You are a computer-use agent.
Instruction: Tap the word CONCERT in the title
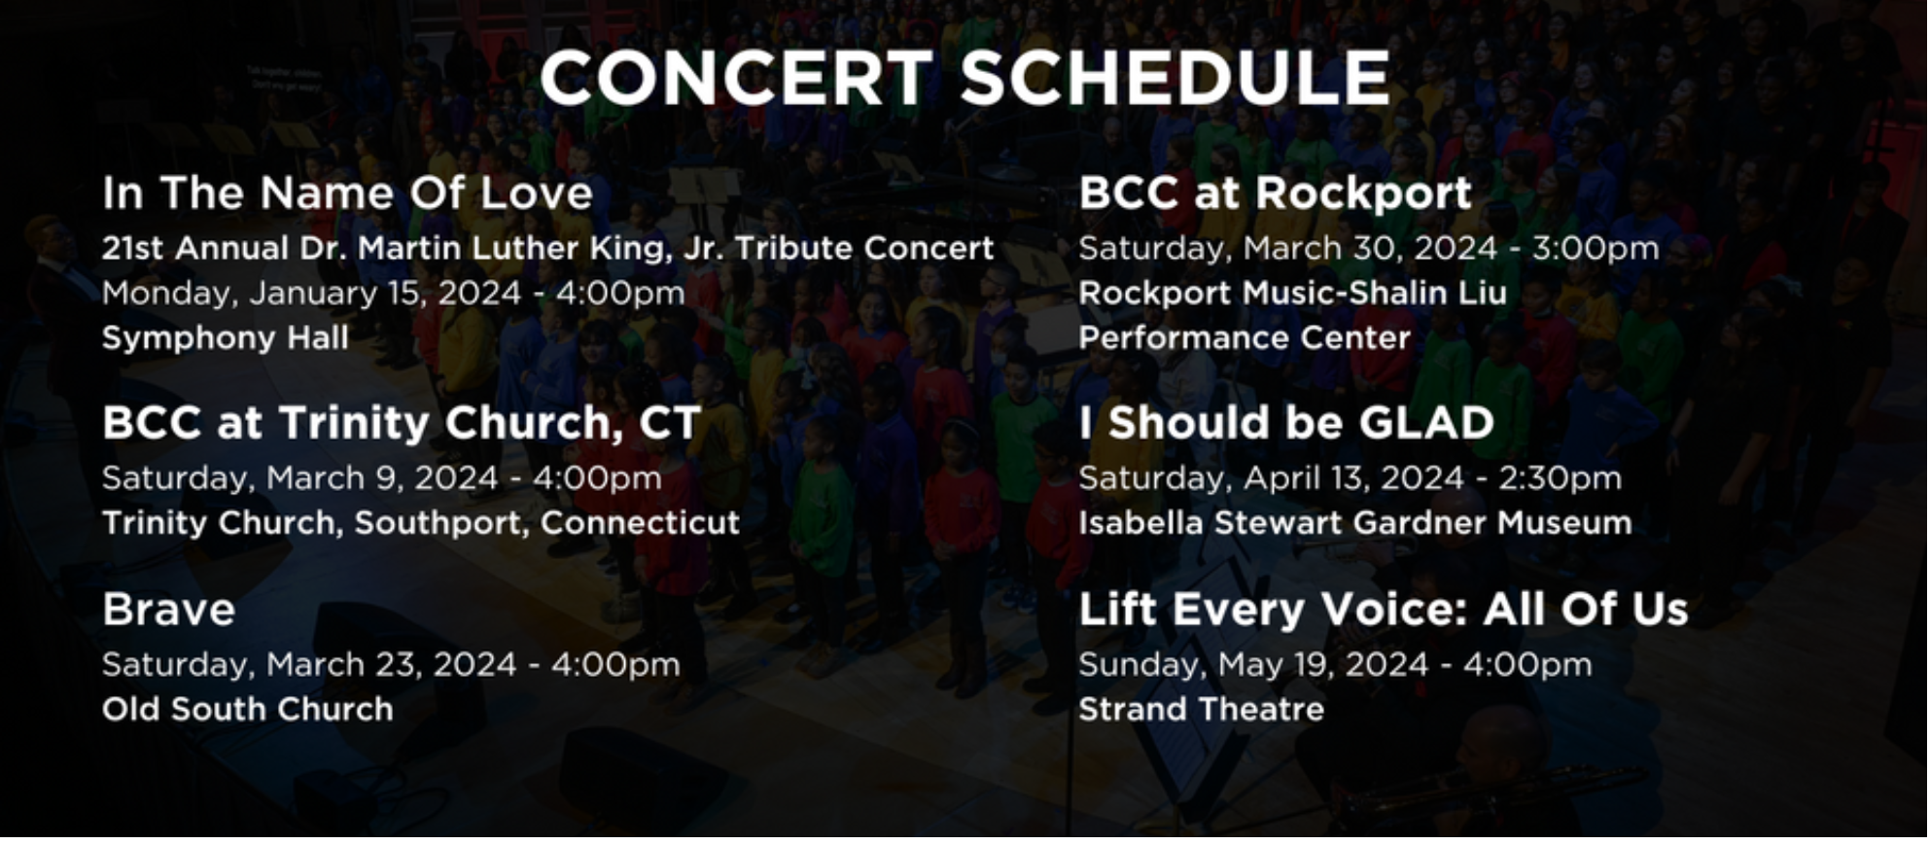[x=736, y=78]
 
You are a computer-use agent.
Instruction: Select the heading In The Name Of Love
[x=347, y=193]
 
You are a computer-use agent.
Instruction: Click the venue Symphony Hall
[x=226, y=337]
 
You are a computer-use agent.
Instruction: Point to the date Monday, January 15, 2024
[x=311, y=294]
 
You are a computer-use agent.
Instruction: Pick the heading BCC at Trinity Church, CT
[x=402, y=423]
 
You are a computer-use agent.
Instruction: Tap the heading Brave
[x=169, y=610]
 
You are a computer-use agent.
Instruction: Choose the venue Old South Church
[x=248, y=709]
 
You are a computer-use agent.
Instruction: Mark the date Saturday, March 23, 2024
[x=309, y=665]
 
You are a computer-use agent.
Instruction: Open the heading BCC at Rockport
[x=1275, y=193]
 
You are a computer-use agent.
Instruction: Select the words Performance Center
[x=1245, y=337]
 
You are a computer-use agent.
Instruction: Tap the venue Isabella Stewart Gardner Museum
[x=1355, y=523]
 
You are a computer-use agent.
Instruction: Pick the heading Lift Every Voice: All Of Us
[x=1384, y=610]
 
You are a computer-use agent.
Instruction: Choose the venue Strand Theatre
[x=1202, y=709]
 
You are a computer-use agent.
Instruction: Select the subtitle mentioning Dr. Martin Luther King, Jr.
[x=548, y=249]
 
